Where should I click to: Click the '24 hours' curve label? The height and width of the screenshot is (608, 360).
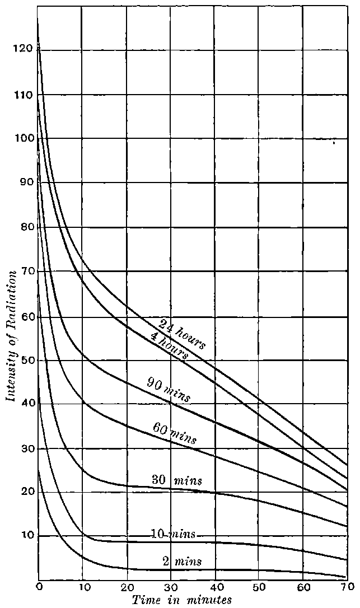182,334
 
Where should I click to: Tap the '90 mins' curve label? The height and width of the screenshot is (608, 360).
168,390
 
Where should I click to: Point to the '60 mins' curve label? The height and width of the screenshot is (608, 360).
174,432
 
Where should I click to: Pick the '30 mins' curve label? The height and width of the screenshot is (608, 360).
176,480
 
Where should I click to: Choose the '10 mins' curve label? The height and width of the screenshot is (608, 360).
173,534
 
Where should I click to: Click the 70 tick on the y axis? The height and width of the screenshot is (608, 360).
22,272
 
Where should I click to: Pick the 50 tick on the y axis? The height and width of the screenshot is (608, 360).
22,360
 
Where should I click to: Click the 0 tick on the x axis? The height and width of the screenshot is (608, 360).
39,586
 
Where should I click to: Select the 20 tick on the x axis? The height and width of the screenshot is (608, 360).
127,586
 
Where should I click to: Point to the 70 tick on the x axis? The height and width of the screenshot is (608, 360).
347,586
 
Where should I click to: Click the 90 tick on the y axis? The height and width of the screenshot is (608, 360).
22,183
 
